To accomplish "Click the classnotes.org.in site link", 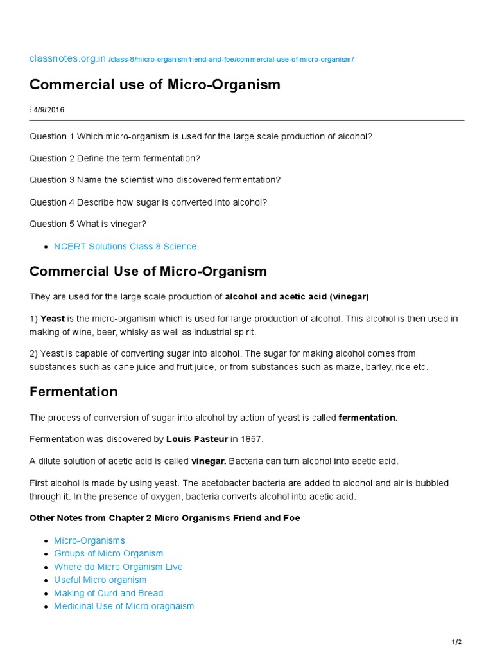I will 67,59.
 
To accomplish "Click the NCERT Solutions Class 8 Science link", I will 125,246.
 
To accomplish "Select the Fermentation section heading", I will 73,391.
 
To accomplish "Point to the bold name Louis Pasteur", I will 193,439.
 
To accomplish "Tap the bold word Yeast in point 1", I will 53,319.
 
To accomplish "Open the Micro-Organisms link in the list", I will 89,540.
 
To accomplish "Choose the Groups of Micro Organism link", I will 108,553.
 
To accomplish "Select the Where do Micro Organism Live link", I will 118,567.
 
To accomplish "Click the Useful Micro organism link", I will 100,580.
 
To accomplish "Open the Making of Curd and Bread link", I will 108,593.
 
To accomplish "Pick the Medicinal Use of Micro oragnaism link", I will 124,606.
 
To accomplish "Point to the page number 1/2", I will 456,643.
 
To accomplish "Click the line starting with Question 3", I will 155,180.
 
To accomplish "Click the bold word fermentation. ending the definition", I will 368,418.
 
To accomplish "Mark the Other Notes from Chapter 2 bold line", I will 164,518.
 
